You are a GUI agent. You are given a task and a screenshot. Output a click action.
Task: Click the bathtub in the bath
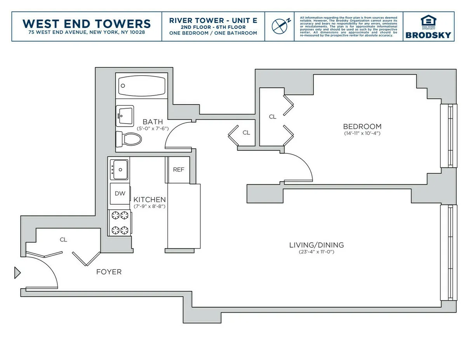coord(142,85)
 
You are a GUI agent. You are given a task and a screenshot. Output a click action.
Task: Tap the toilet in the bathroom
coord(129,139)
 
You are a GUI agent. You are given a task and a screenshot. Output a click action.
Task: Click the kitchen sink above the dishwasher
coord(119,170)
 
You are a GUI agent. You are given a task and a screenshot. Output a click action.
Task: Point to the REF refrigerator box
coord(179,170)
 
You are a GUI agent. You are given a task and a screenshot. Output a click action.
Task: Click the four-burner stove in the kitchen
coord(120,222)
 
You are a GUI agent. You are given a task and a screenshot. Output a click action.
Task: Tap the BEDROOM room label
coord(362,127)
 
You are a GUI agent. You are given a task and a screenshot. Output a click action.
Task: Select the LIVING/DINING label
coord(316,245)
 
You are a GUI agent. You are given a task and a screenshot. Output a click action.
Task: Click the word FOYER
coord(109,272)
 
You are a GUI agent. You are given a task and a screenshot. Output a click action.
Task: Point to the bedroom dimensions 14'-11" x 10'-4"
coord(362,134)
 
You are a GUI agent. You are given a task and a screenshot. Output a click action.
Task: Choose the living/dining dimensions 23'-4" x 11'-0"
coord(316,252)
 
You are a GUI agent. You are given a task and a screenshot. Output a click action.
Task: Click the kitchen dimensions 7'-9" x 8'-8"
coord(150,207)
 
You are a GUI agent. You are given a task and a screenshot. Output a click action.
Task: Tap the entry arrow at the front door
coord(17,273)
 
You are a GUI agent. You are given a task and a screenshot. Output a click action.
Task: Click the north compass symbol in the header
coord(280,26)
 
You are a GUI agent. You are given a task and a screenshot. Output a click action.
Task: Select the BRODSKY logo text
coord(428,35)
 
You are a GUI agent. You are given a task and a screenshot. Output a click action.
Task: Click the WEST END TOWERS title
coord(87,23)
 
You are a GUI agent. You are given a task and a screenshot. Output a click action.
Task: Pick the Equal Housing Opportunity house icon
coord(428,20)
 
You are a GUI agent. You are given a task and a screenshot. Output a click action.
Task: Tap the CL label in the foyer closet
coord(63,240)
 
